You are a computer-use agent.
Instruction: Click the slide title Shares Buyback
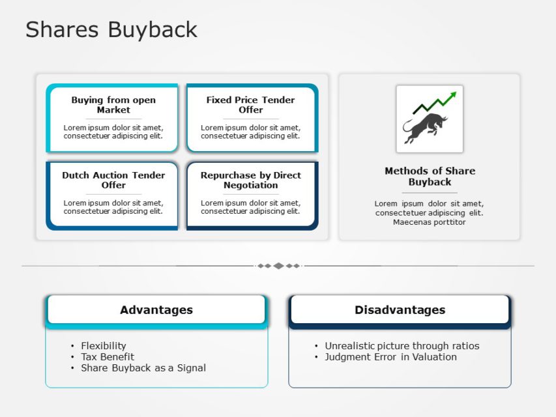click(111, 29)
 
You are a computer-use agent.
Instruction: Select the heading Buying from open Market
click(113, 105)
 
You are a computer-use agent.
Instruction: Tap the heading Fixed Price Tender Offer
click(250, 105)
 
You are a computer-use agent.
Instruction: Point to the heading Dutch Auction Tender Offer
click(113, 180)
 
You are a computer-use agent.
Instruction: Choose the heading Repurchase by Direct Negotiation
click(250, 180)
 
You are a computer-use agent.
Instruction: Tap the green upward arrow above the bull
click(435, 102)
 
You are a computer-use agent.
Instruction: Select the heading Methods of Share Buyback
click(430, 176)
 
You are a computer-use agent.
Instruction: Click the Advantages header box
click(156, 310)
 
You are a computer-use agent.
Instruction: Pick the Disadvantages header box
click(400, 310)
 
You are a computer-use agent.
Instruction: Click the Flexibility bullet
click(103, 346)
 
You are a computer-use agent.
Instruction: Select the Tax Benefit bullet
click(107, 357)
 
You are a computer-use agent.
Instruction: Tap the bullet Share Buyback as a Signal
click(143, 368)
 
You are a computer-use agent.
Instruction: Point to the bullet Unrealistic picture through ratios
click(402, 346)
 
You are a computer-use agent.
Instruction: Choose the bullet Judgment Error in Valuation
click(390, 357)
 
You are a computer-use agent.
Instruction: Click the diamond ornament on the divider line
click(278, 266)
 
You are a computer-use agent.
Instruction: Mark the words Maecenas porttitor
click(429, 222)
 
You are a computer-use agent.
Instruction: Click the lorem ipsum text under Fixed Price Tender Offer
click(250, 132)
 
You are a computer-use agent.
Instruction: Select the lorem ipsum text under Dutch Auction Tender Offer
click(113, 207)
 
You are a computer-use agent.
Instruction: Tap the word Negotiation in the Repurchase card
click(250, 185)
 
